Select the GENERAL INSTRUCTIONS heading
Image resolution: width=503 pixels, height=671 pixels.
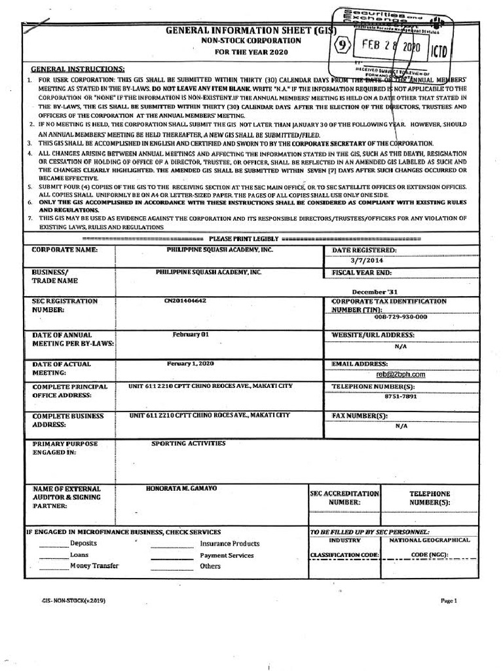click(x=78, y=69)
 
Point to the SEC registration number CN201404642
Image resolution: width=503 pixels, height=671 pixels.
click(x=185, y=301)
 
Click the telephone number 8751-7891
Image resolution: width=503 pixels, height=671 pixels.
click(x=401, y=396)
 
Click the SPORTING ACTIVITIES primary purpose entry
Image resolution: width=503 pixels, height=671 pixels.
click(x=189, y=444)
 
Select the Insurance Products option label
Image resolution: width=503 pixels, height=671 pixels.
click(x=229, y=544)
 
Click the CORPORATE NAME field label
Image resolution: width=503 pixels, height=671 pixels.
click(x=65, y=250)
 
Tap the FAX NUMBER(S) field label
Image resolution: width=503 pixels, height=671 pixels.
click(x=358, y=415)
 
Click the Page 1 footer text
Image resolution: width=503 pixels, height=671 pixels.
click(x=449, y=600)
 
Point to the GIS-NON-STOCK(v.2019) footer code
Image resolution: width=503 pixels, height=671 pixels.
click(x=74, y=600)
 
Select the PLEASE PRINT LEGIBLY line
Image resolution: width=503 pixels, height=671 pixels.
click(x=243, y=238)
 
